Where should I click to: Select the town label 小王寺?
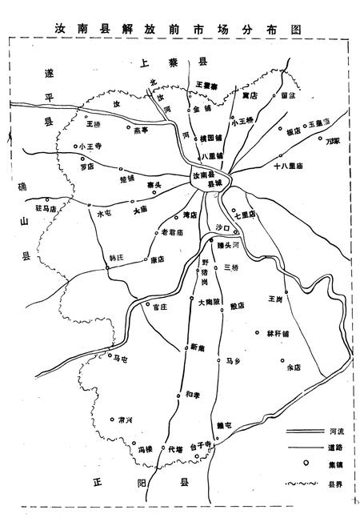click(x=90, y=147)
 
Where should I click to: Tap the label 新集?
click(x=198, y=346)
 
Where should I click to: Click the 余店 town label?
click(x=292, y=367)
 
